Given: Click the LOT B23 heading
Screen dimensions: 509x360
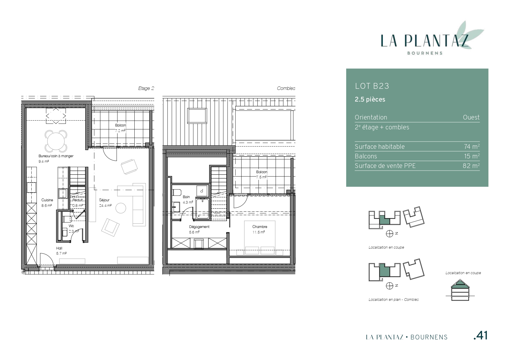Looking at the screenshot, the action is click(x=372, y=86).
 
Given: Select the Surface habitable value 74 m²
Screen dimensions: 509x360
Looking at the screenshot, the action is click(x=472, y=146).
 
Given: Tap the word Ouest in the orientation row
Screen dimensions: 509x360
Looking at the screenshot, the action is click(x=471, y=117).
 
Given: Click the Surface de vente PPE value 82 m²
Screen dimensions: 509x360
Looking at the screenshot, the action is click(x=471, y=166).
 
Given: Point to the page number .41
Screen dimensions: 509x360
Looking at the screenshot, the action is click(x=480, y=336).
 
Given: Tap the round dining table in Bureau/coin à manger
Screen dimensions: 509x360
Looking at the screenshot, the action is click(x=56, y=140).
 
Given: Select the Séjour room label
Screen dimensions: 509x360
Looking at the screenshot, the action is click(x=104, y=200).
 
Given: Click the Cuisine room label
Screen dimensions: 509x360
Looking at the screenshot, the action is click(x=47, y=200).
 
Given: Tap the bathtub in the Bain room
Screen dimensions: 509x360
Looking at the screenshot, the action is click(x=202, y=208).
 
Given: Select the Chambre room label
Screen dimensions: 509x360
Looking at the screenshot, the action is click(x=260, y=227).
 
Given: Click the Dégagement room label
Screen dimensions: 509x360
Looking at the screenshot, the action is click(x=199, y=227).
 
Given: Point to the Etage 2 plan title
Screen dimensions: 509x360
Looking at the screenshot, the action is click(x=146, y=88).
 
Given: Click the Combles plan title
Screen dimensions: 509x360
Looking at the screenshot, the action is click(x=286, y=88).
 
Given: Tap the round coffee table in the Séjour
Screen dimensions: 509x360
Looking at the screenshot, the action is click(x=121, y=208).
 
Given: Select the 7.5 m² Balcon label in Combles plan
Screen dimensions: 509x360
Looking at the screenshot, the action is click(x=261, y=177).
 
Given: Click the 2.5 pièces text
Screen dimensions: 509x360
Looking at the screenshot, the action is click(x=370, y=100).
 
